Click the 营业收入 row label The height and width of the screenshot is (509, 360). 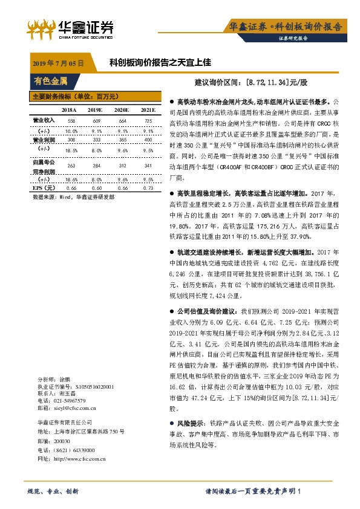(39, 120)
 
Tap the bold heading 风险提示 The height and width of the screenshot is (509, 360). (189, 423)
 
